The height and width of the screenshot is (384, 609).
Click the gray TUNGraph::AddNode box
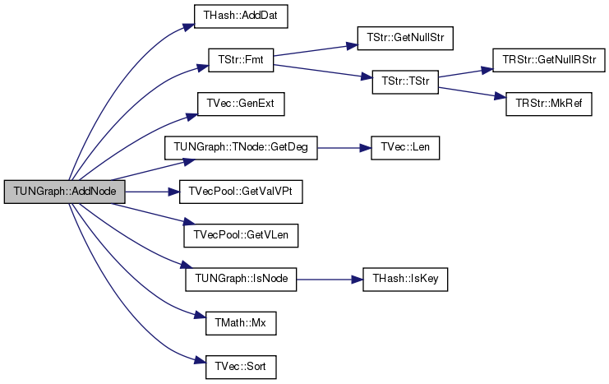(64, 192)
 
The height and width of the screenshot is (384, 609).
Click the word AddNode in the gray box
(97, 192)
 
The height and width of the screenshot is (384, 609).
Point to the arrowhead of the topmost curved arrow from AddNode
(190, 26)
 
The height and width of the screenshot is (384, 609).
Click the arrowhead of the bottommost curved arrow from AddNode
(200, 360)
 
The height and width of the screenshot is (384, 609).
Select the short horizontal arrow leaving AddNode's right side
(152, 192)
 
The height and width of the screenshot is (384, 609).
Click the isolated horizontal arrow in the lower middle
(329, 280)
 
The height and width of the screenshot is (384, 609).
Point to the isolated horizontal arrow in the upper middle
(344, 148)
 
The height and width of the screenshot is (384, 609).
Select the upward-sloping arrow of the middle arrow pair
(316, 50)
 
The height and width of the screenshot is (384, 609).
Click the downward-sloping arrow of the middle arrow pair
(323, 71)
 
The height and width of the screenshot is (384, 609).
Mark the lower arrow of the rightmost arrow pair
(472, 91)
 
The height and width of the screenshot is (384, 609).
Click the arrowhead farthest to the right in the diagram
(501, 96)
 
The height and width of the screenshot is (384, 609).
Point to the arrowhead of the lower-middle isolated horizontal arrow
(358, 280)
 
